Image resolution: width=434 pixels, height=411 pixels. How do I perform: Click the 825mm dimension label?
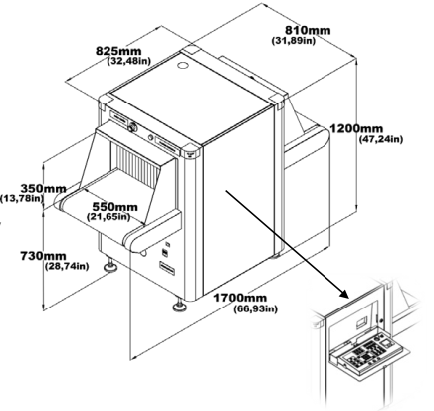tap(118, 51)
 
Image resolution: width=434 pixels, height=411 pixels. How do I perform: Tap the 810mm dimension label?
tap(308, 30)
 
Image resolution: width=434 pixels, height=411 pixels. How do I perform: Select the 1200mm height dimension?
tap(356, 128)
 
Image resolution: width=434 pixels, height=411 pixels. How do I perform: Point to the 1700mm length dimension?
tap(240, 298)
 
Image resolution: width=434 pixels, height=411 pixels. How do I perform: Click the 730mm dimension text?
tap(43, 256)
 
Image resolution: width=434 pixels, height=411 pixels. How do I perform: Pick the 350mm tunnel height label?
tap(43, 188)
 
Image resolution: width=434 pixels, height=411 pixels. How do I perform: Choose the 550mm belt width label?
tap(114, 207)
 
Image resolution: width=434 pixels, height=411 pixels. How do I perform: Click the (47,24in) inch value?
tap(381, 139)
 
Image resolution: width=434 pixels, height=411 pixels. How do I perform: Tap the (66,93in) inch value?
tap(255, 308)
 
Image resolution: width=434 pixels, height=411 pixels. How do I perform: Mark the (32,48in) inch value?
tap(129, 61)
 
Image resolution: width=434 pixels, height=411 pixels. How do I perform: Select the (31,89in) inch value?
tap(294, 41)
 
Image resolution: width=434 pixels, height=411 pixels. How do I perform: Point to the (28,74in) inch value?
tap(67, 266)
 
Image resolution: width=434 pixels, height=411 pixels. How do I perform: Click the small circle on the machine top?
tap(183, 65)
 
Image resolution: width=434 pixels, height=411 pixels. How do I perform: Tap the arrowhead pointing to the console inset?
tap(344, 294)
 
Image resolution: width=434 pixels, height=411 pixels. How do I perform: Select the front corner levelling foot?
tap(180, 305)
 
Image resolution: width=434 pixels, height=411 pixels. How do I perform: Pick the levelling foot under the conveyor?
tap(110, 266)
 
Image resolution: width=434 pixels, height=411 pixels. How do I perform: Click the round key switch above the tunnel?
tap(133, 126)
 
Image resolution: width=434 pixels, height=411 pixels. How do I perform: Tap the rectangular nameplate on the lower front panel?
tap(167, 268)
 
